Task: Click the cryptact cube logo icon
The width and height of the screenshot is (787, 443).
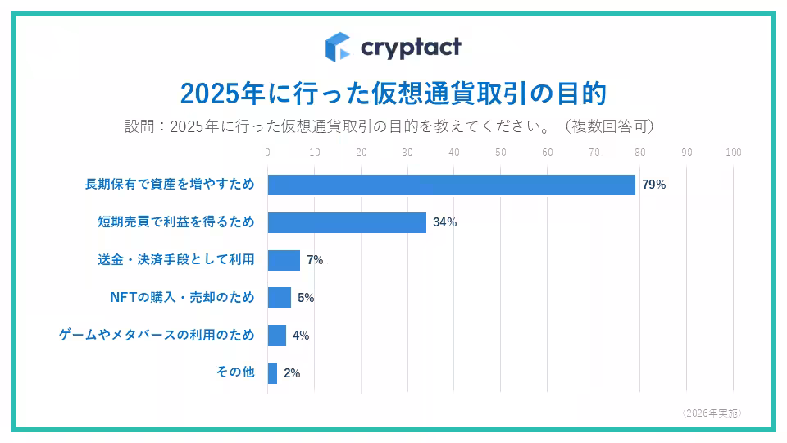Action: click(x=337, y=47)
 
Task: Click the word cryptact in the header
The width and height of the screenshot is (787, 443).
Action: click(x=411, y=47)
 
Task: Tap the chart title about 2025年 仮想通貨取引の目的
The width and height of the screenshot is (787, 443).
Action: click(x=393, y=93)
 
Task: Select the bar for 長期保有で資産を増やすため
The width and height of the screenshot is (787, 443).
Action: click(x=451, y=185)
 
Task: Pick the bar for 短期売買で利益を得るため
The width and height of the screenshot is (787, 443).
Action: click(x=347, y=222)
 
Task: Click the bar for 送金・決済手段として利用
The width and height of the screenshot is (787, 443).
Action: click(x=284, y=260)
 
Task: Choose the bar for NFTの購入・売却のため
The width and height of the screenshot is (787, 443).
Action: click(x=279, y=298)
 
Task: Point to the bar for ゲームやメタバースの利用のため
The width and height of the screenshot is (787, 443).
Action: click(x=276, y=336)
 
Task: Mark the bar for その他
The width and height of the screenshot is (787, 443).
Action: click(x=272, y=373)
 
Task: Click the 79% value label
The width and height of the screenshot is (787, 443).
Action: click(x=653, y=185)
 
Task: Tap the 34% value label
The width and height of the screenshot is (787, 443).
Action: click(x=444, y=222)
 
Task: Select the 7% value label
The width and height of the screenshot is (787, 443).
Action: click(x=315, y=260)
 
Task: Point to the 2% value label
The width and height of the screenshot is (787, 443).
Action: click(x=292, y=373)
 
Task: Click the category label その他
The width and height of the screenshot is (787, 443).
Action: click(x=235, y=372)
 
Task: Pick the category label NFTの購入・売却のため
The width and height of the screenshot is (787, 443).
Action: click(x=182, y=297)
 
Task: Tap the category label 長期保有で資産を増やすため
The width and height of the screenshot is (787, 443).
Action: click(x=170, y=184)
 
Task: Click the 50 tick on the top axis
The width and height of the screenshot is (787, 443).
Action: click(x=501, y=153)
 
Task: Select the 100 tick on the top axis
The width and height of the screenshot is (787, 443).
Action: click(x=734, y=153)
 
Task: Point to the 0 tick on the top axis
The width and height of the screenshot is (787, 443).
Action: click(x=268, y=153)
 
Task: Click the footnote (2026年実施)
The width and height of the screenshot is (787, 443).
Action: click(x=711, y=413)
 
